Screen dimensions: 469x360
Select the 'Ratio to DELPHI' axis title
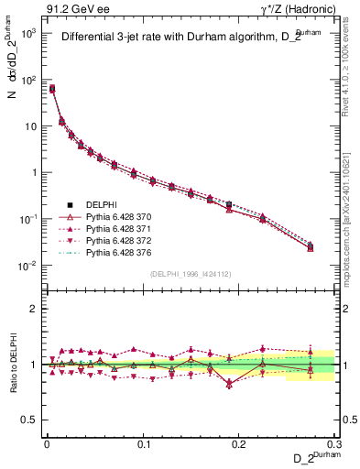[14, 364]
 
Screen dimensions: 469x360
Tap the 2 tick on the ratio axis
[32, 309]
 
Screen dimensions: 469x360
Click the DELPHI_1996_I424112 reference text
[191, 273]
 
